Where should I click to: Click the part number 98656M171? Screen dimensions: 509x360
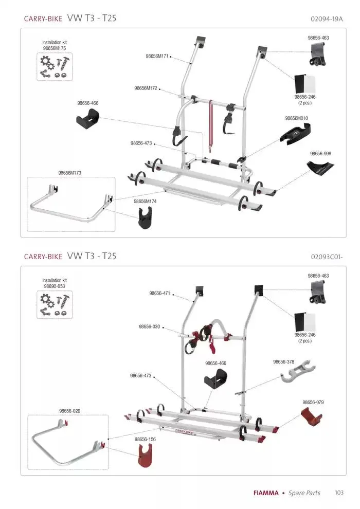point(156,56)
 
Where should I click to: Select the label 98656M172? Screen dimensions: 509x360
point(146,88)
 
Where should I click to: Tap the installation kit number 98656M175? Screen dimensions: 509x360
point(55,48)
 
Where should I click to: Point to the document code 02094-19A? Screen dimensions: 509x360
point(327,20)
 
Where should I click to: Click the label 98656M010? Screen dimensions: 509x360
point(296,118)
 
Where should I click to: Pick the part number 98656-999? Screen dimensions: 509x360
point(320,154)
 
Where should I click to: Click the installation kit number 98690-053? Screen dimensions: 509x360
point(55,286)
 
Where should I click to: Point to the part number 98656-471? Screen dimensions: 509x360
point(159,293)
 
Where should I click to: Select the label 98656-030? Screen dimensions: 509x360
point(149,326)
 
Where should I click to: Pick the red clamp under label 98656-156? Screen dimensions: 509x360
point(145,456)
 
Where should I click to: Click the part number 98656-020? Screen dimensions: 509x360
point(70,411)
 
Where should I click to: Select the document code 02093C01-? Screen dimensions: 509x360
point(327,256)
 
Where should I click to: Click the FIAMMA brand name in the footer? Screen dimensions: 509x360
point(266,493)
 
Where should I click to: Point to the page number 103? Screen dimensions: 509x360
point(339,493)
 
